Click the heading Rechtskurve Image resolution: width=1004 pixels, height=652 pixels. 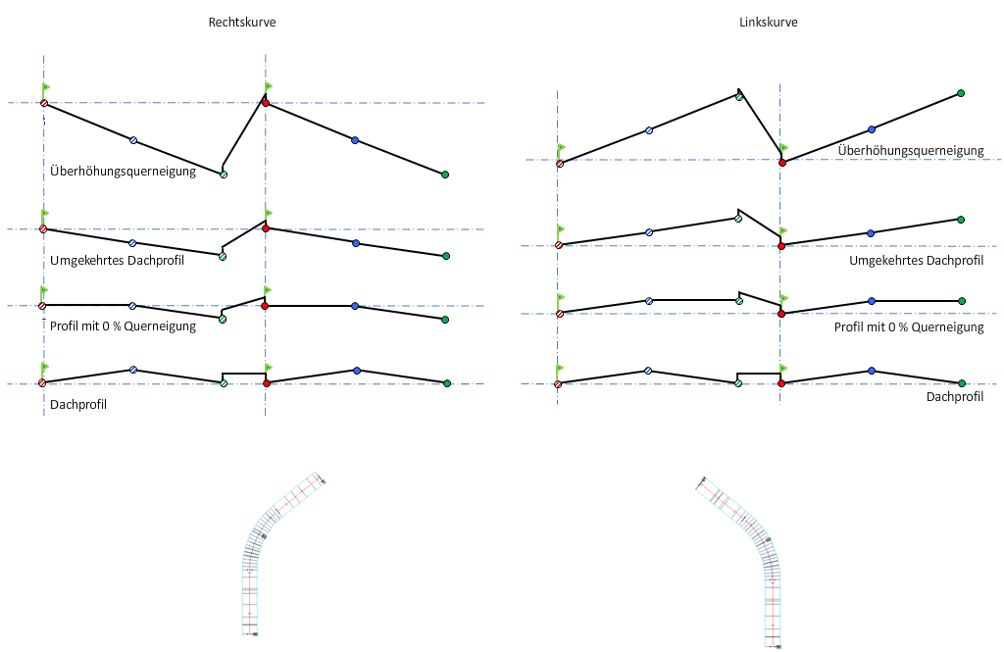[x=241, y=22]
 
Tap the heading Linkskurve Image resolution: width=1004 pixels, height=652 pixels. [x=768, y=22]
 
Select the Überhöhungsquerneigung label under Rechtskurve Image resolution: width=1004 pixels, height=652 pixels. [x=123, y=172]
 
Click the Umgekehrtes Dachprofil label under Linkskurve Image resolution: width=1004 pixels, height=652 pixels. [x=916, y=260]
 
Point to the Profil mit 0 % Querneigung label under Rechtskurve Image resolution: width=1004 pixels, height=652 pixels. [x=123, y=326]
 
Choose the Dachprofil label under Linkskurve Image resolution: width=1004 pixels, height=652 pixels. [x=954, y=397]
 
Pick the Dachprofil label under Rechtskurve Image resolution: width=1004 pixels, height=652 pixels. [x=77, y=404]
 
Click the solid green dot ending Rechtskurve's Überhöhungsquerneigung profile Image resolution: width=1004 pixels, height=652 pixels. [x=445, y=175]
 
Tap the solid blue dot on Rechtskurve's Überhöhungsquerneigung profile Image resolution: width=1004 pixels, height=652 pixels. [x=355, y=140]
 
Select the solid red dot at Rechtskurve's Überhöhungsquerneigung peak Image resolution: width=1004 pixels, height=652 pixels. [x=266, y=103]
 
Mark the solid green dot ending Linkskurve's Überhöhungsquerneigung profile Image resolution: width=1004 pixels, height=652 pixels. [x=961, y=93]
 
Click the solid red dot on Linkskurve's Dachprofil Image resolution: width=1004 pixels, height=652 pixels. [x=781, y=383]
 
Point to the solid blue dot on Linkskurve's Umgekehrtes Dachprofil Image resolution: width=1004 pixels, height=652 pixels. [x=871, y=232]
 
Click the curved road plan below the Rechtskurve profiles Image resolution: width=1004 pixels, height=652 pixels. [x=275, y=554]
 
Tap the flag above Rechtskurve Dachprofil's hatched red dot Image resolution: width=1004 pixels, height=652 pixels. [x=45, y=368]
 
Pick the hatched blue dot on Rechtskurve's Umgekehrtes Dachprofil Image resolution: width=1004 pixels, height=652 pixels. [x=132, y=242]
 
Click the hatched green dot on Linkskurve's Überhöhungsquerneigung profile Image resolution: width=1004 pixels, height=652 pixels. [x=738, y=97]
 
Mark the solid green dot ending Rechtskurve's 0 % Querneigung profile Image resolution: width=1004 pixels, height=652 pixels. [x=445, y=320]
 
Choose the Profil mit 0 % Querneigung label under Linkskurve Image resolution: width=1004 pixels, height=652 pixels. [x=909, y=327]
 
